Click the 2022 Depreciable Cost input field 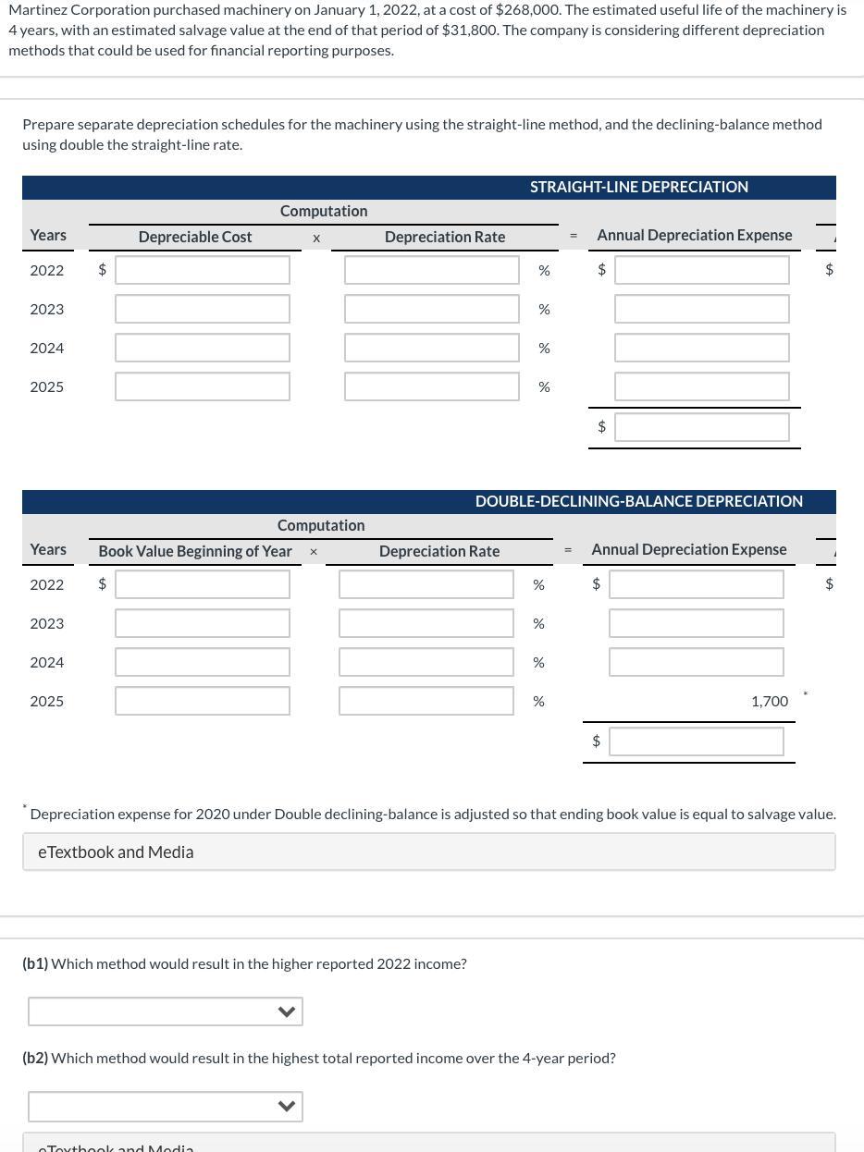pyautogui.click(x=203, y=270)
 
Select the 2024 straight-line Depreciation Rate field pyautogui.click(x=431, y=348)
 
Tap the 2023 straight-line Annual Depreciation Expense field pyautogui.click(x=701, y=309)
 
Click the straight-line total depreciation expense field pyautogui.click(x=701, y=427)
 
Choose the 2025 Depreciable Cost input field pyautogui.click(x=203, y=386)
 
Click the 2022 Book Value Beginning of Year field pyautogui.click(x=203, y=584)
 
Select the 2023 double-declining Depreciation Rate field pyautogui.click(x=426, y=623)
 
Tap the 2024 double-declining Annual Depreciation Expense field pyautogui.click(x=696, y=662)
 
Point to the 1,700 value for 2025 pyautogui.click(x=769, y=702)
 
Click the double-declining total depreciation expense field pyautogui.click(x=696, y=741)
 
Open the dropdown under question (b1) pyautogui.click(x=166, y=1011)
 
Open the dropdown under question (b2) pyautogui.click(x=166, y=1107)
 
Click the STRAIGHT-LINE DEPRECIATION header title pyautogui.click(x=638, y=187)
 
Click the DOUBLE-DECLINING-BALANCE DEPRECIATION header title pyautogui.click(x=638, y=501)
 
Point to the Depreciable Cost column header pyautogui.click(x=195, y=237)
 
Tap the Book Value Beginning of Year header pyautogui.click(x=195, y=551)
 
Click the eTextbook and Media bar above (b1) pyautogui.click(x=429, y=852)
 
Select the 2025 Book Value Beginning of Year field pyautogui.click(x=203, y=701)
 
